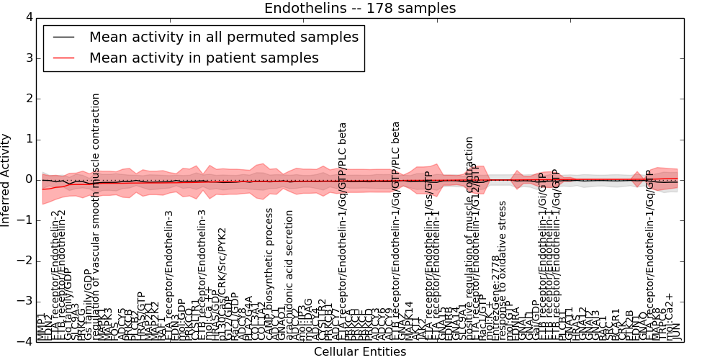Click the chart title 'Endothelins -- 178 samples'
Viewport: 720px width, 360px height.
(359, 9)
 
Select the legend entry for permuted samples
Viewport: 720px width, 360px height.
(223, 37)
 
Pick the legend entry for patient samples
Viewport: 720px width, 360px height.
(204, 58)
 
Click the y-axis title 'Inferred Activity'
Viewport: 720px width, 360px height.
(6, 179)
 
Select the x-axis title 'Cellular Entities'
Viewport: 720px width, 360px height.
(359, 352)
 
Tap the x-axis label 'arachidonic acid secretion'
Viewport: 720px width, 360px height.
(289, 274)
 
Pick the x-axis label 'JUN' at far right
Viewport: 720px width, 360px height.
(675, 331)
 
